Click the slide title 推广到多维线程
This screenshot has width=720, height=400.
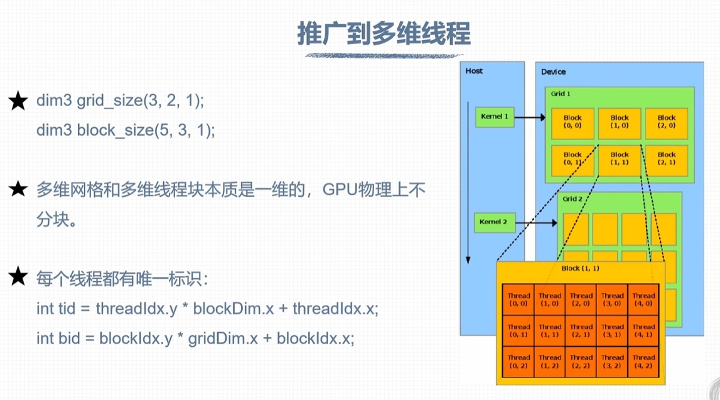pyautogui.click(x=384, y=35)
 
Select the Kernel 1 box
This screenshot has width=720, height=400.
pyautogui.click(x=494, y=117)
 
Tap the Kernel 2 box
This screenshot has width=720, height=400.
pyautogui.click(x=494, y=222)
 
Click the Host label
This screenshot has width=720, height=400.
pyautogui.click(x=474, y=71)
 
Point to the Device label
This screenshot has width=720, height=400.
pyautogui.click(x=553, y=72)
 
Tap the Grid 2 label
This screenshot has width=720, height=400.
pyautogui.click(x=572, y=199)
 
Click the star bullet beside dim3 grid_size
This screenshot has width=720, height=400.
pyautogui.click(x=18, y=101)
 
